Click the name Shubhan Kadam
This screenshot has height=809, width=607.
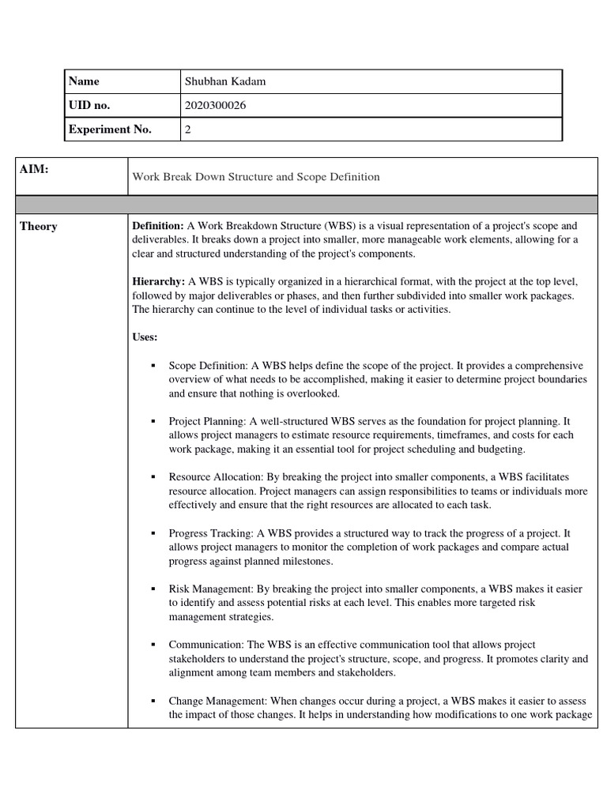(224, 81)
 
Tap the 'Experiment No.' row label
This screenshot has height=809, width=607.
(110, 130)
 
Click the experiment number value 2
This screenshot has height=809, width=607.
(188, 130)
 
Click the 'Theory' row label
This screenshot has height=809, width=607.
(39, 227)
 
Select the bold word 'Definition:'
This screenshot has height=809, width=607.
(158, 226)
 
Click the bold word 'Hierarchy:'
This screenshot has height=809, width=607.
(158, 282)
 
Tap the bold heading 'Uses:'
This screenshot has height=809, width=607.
(145, 337)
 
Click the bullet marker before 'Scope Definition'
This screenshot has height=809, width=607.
(152, 367)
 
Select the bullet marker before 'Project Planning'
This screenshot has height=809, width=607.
(152, 422)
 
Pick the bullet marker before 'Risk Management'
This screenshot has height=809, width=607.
(152, 589)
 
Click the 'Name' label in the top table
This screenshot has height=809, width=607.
(84, 81)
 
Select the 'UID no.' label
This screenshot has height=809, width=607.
(89, 105)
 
